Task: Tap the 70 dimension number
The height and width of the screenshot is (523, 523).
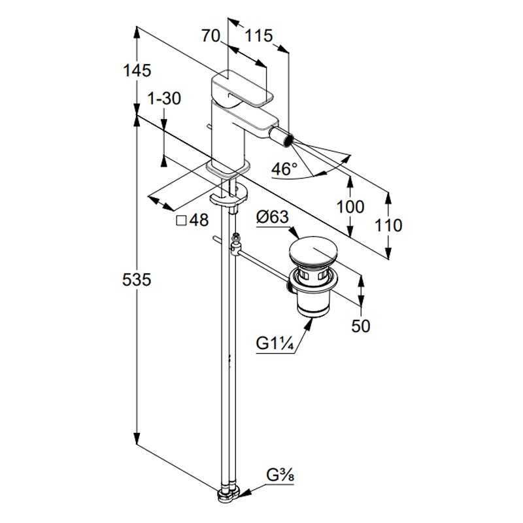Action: point(211,37)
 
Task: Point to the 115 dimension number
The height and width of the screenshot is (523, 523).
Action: point(258,37)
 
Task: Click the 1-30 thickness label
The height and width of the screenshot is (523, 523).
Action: point(163,99)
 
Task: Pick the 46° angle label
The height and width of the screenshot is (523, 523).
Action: point(284,169)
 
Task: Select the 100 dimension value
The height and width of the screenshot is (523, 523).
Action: point(350,207)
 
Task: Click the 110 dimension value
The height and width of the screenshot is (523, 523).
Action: point(389,226)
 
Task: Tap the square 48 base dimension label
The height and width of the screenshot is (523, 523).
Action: point(192,220)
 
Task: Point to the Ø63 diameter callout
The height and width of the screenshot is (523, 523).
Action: point(272,217)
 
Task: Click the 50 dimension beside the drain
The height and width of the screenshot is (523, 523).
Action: point(360,326)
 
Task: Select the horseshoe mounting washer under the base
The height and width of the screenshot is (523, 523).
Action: point(229,199)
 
